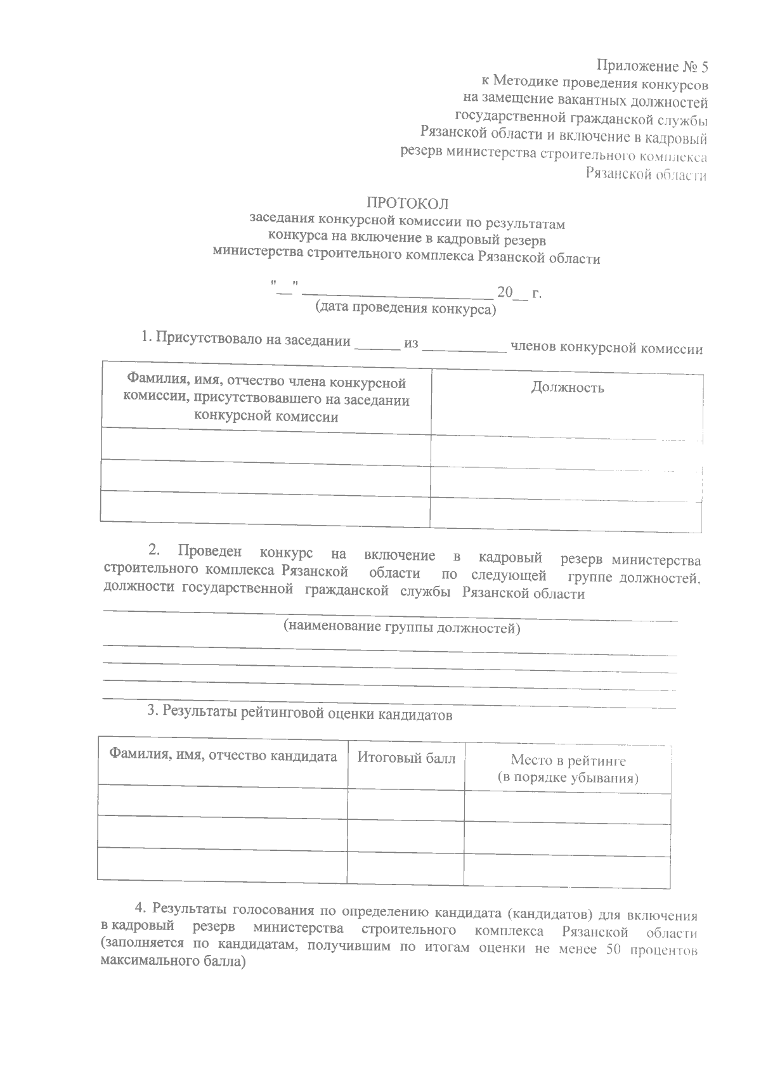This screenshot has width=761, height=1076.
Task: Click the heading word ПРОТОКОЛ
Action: click(x=407, y=204)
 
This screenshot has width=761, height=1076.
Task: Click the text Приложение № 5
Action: click(x=651, y=65)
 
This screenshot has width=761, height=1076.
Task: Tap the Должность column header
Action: click(x=567, y=387)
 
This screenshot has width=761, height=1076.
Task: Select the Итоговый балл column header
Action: click(x=406, y=758)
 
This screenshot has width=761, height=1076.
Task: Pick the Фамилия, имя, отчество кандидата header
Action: click(x=223, y=756)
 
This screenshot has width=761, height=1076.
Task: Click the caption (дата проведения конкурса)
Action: click(x=406, y=309)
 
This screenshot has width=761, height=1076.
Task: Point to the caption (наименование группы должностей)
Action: click(x=401, y=628)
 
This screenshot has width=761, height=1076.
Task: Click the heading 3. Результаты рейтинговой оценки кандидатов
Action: click(x=299, y=714)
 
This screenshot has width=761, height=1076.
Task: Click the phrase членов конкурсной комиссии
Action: click(x=606, y=348)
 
